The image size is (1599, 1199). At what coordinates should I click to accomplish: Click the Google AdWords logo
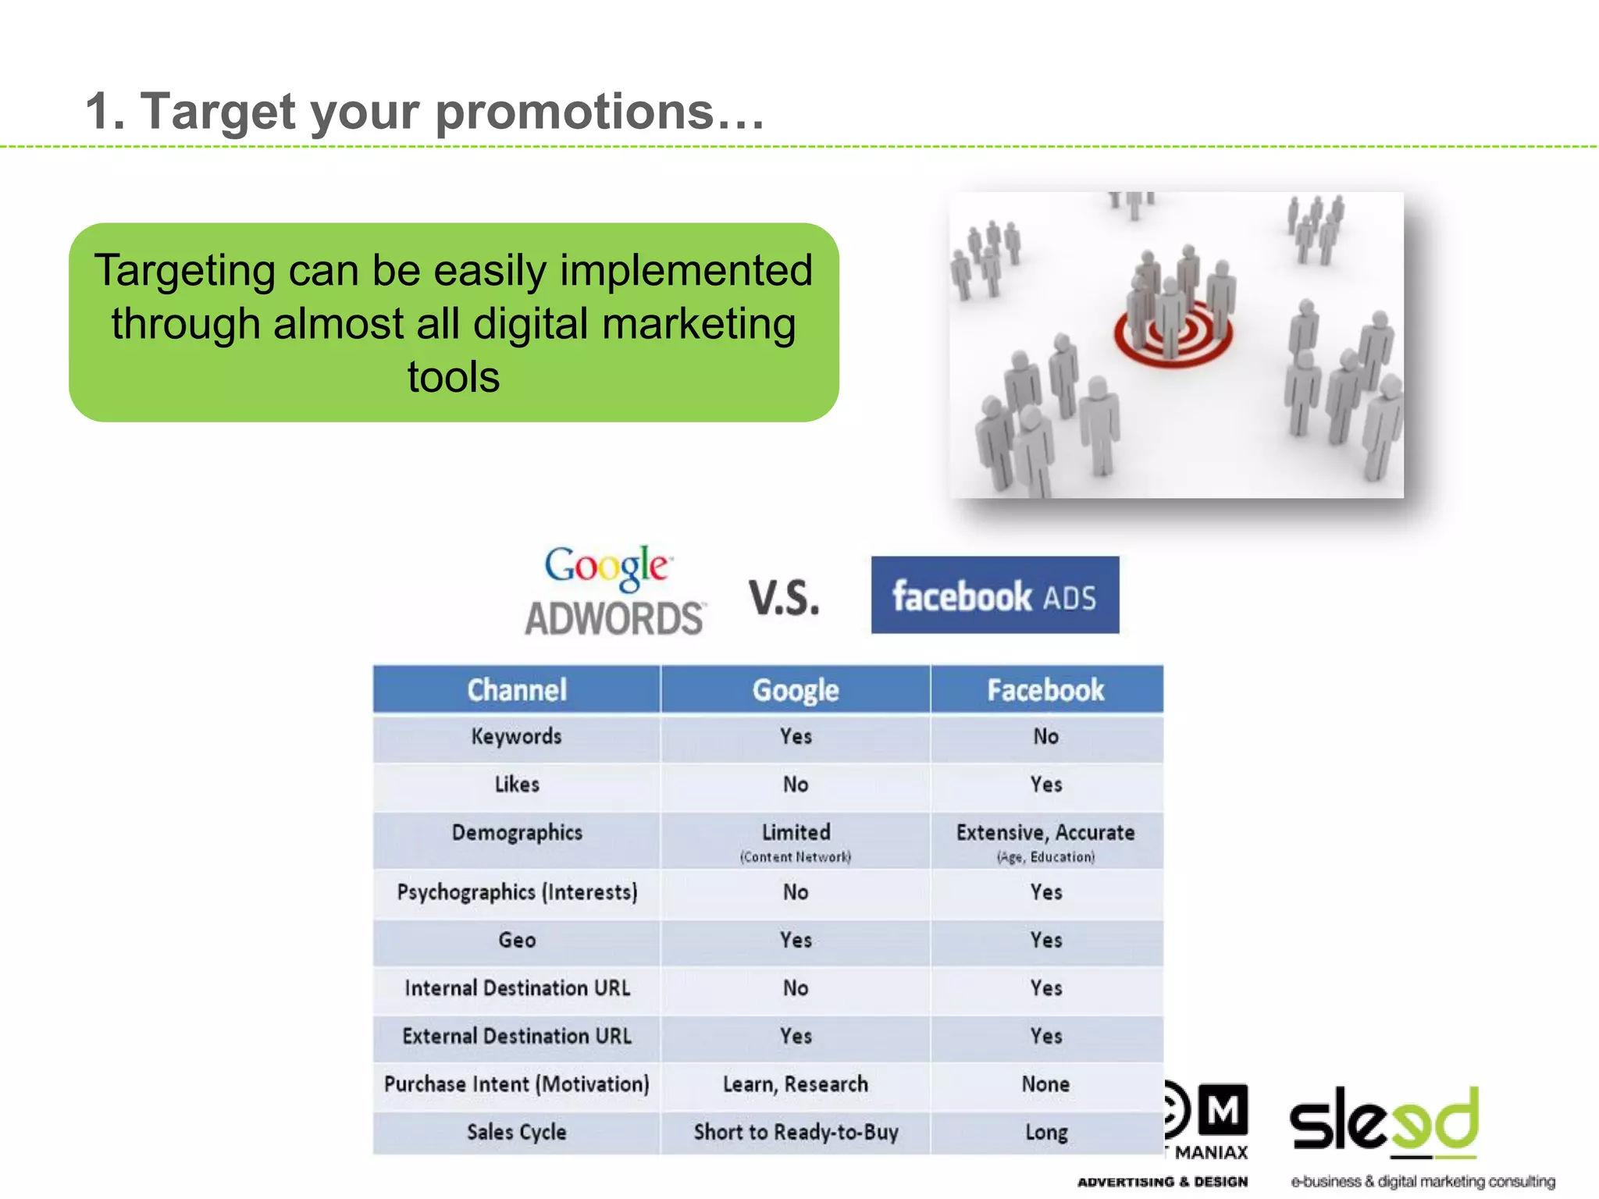click(x=614, y=592)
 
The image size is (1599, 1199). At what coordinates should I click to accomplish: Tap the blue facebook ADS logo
click(x=995, y=595)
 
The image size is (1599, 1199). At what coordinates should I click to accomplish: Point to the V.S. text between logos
click(x=784, y=598)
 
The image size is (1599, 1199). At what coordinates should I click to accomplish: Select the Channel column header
click(x=517, y=690)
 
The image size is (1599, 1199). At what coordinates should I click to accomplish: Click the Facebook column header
click(x=1045, y=690)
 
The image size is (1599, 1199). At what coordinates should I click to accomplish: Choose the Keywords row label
click(x=516, y=737)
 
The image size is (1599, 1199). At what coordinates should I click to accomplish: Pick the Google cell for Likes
click(x=796, y=785)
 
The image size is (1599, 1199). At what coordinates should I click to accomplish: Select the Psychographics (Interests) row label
click(x=517, y=892)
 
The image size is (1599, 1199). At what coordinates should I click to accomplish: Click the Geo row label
click(x=517, y=941)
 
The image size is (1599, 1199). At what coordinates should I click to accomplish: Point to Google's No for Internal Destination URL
click(x=796, y=988)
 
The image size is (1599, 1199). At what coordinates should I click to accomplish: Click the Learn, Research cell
click(x=796, y=1084)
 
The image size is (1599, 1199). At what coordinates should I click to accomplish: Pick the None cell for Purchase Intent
click(x=1045, y=1084)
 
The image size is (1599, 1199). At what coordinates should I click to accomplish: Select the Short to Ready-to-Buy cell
click(x=796, y=1133)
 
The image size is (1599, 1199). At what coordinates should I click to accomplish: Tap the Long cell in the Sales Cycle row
click(x=1045, y=1133)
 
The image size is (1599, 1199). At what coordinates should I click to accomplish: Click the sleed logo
click(x=1384, y=1123)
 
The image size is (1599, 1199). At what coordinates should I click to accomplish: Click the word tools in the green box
click(x=454, y=377)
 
